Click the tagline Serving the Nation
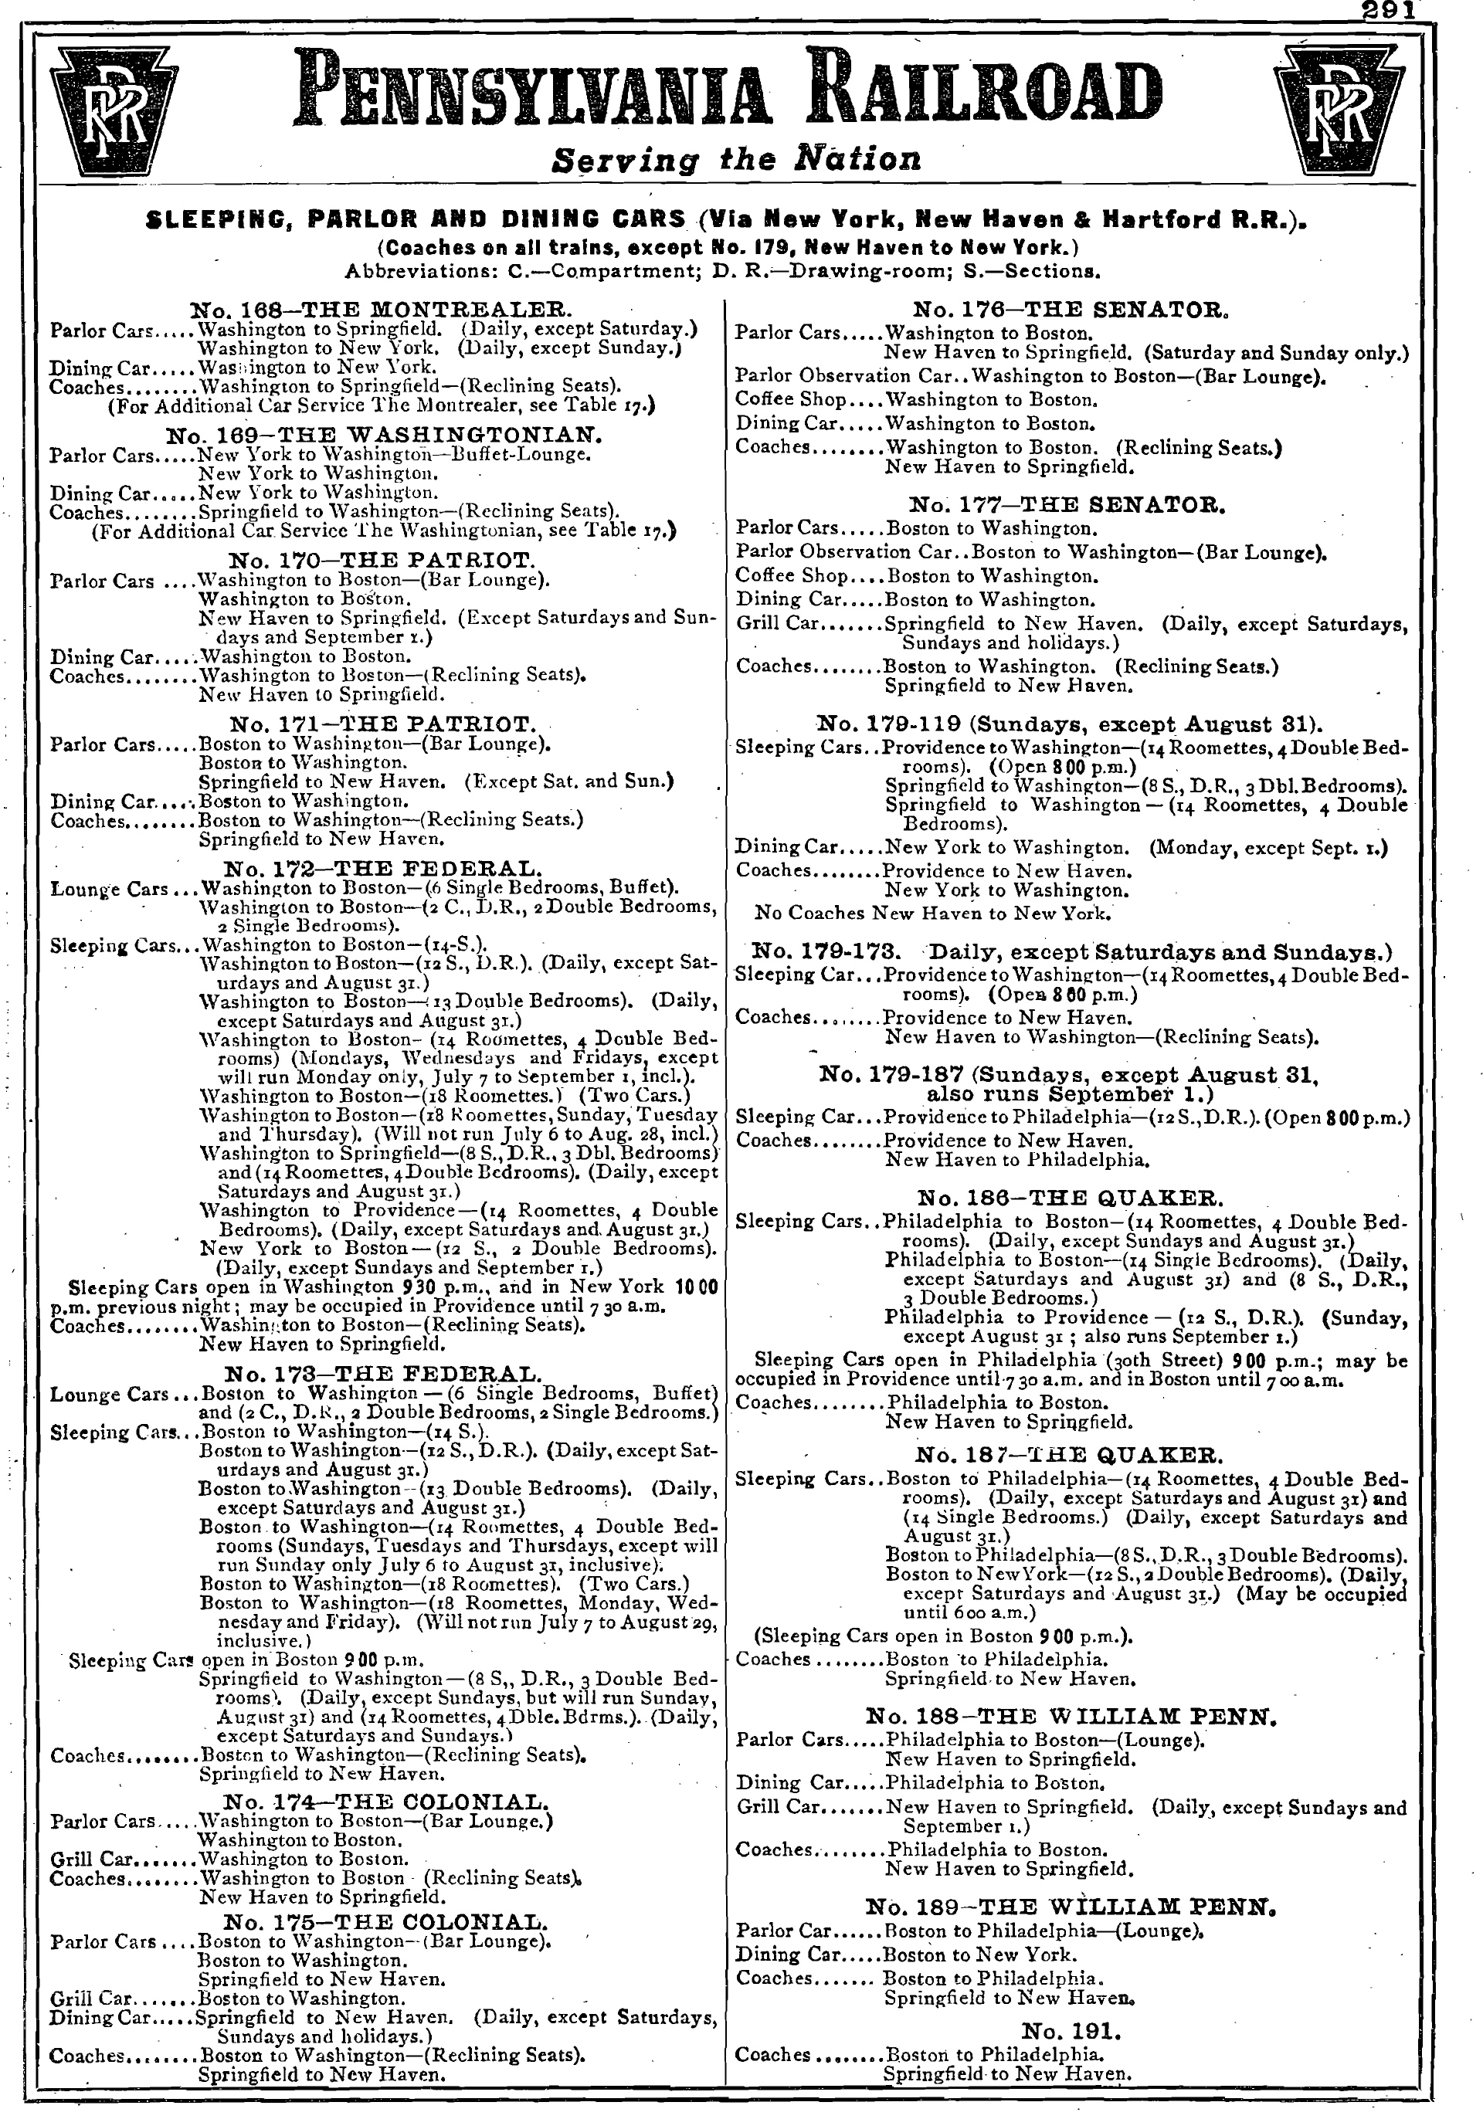click(735, 160)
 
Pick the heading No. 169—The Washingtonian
click(385, 435)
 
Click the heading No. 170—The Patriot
click(381, 560)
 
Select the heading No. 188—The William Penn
click(1071, 1717)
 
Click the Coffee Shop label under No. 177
click(791, 576)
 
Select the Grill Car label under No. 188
click(777, 1806)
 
